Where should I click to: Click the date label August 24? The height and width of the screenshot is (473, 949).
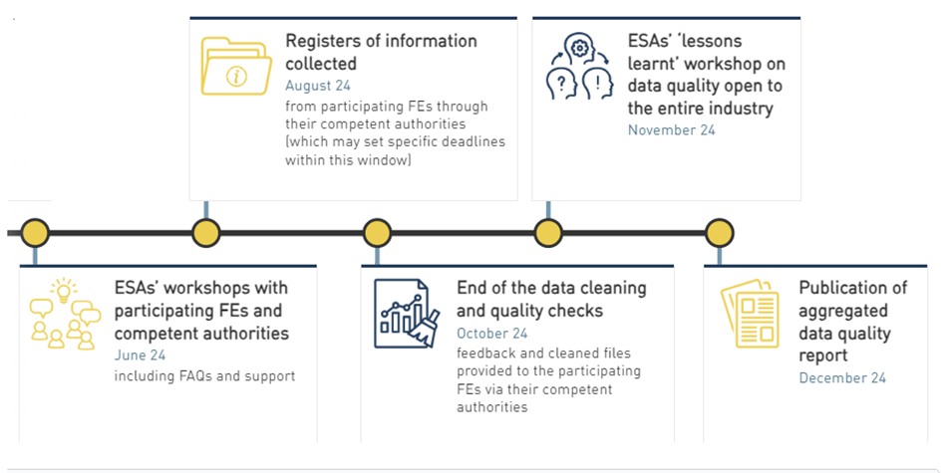[x=317, y=86]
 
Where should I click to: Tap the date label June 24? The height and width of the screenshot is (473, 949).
[x=140, y=355]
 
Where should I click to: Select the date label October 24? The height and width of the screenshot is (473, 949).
[x=492, y=333]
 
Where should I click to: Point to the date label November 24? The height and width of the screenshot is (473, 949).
[x=671, y=129]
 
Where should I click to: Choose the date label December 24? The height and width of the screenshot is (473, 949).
[x=841, y=377]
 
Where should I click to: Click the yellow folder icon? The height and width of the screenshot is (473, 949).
[x=235, y=66]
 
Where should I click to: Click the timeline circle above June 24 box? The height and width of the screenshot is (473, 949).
[x=35, y=233]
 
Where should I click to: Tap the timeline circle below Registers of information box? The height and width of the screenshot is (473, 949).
[x=206, y=233]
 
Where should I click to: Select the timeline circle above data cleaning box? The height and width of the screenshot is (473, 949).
[x=377, y=233]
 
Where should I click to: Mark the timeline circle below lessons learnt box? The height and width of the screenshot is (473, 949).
[x=548, y=233]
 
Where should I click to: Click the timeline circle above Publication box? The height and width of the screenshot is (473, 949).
[x=720, y=233]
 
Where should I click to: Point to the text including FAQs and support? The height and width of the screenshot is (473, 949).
[x=204, y=375]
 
